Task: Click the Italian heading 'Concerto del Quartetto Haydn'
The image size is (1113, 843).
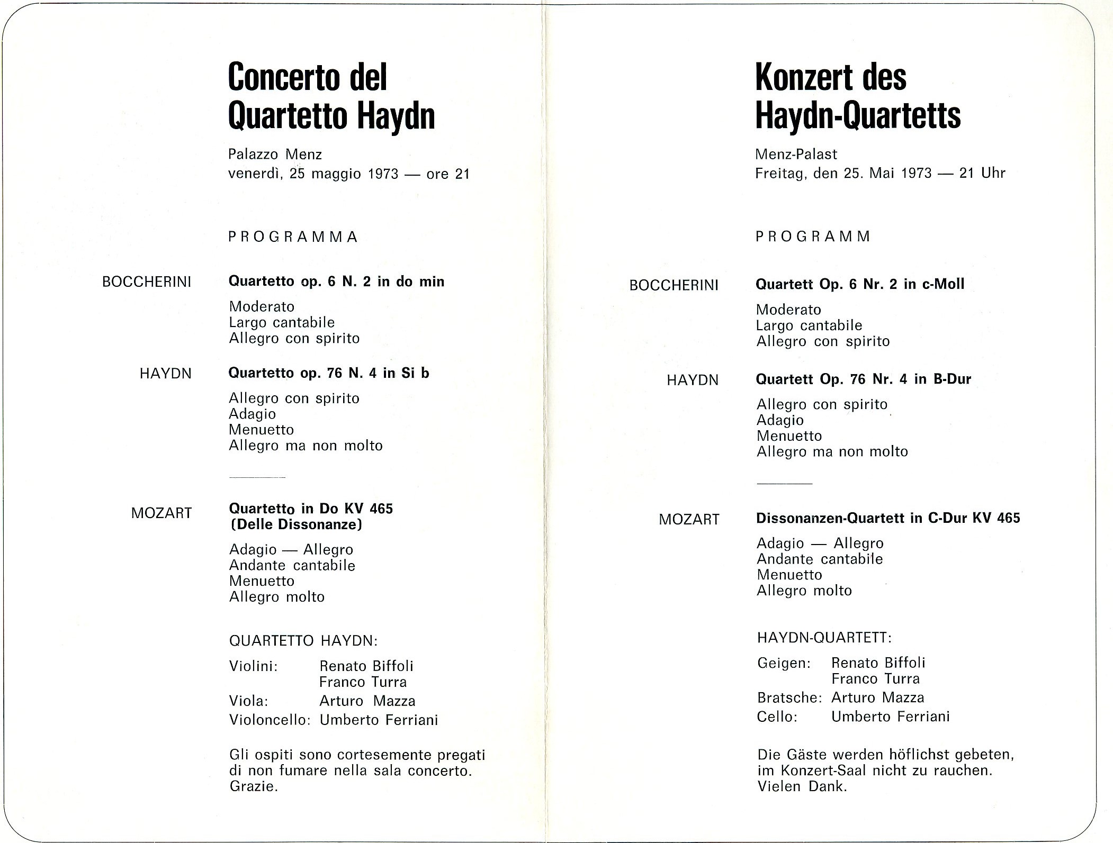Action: click(x=331, y=97)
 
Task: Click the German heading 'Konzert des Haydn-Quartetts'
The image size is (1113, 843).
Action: click(x=858, y=97)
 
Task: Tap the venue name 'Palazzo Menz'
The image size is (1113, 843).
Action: click(x=275, y=154)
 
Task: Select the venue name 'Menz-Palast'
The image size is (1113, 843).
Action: click(x=796, y=154)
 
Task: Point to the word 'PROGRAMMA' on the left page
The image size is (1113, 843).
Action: click(x=293, y=237)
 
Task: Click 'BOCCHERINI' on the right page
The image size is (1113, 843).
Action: click(x=674, y=286)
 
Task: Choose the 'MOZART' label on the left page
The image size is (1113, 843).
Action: click(x=161, y=513)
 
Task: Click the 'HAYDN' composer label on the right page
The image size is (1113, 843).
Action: click(x=692, y=380)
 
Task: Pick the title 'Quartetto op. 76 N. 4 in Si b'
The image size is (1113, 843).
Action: click(x=328, y=373)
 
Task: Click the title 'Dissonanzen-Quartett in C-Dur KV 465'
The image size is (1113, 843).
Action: click(x=888, y=518)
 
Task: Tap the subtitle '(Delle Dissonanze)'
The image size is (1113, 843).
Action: click(x=295, y=524)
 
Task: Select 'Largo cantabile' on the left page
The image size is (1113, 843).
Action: click(x=282, y=322)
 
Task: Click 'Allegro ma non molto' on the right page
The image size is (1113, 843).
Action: click(x=832, y=451)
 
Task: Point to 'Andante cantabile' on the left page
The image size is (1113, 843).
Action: click(x=292, y=565)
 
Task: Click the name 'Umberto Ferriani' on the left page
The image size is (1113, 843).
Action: click(x=379, y=720)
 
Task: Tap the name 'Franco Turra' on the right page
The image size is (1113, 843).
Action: click(x=875, y=678)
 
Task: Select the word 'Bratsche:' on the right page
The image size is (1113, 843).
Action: click(x=789, y=697)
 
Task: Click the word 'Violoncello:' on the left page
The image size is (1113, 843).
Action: click(x=269, y=720)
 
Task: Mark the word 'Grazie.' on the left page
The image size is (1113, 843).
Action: click(x=254, y=786)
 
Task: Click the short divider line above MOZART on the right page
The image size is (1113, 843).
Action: click(x=784, y=484)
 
